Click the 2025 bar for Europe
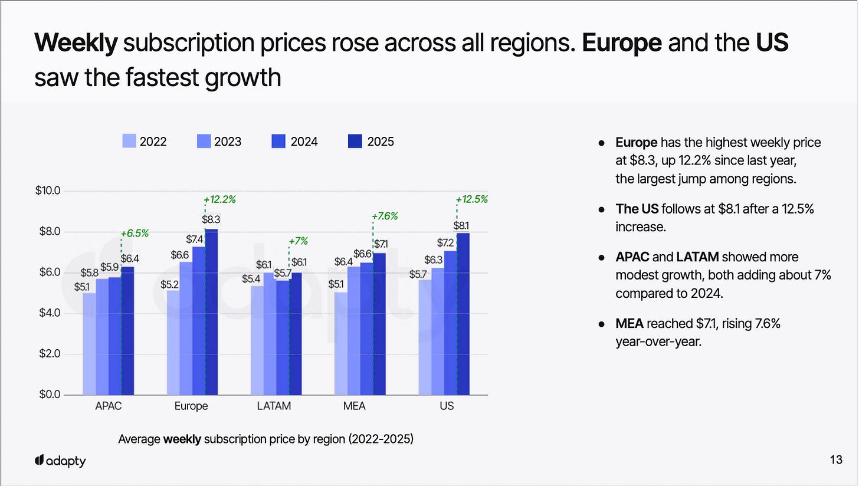pyautogui.click(x=211, y=311)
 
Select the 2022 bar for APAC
pyautogui.click(x=89, y=344)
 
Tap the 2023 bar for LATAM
pyautogui.click(x=270, y=334)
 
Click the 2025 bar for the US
pyautogui.click(x=463, y=314)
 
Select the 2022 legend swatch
pyautogui.click(x=130, y=142)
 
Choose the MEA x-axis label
pyautogui.click(x=354, y=406)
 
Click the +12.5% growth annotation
pyautogui.click(x=472, y=199)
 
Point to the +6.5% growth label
pyautogui.click(x=134, y=234)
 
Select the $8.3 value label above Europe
pyautogui.click(x=211, y=219)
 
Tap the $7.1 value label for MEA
pyautogui.click(x=381, y=244)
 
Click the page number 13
pyautogui.click(x=836, y=460)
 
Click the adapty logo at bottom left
pyautogui.click(x=60, y=461)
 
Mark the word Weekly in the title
pyautogui.click(x=76, y=43)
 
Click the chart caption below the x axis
pyautogui.click(x=265, y=439)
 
